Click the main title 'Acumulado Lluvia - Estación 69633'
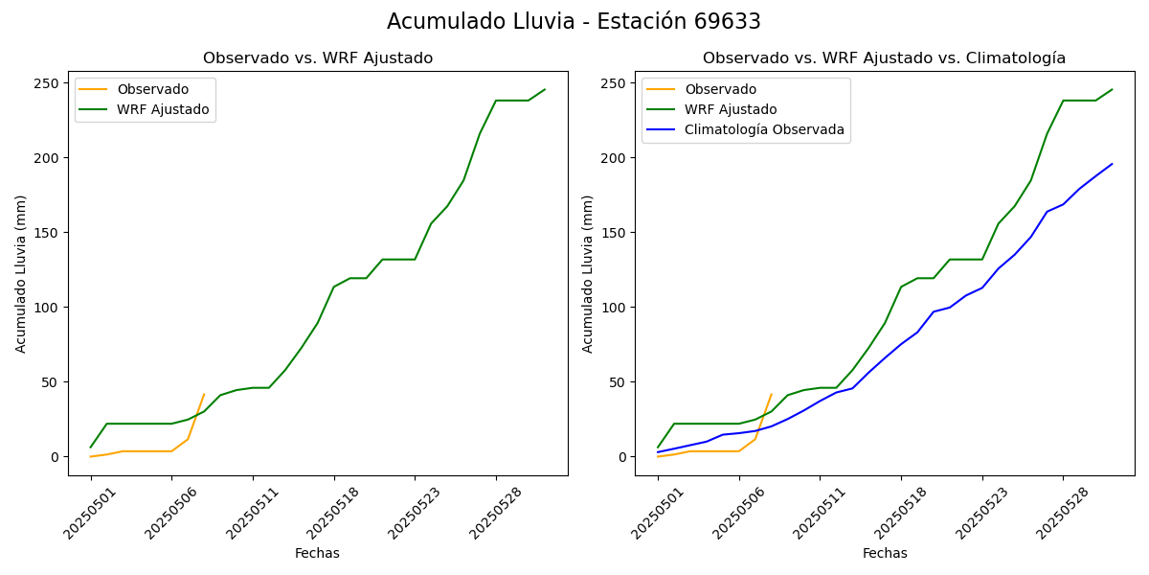[574, 22]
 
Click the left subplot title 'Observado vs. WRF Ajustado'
[318, 58]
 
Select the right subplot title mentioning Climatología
[884, 58]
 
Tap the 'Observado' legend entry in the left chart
[152, 89]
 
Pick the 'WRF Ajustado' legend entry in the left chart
[163, 109]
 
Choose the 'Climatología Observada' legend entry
[764, 129]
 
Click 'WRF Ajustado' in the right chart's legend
[731, 109]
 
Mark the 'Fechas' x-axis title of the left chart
[317, 553]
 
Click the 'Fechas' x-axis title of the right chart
[885, 553]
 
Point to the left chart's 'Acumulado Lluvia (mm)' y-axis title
[21, 273]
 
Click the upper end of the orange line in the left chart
[204, 394]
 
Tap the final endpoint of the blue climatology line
[1112, 164]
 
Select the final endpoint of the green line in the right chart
[1112, 89]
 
